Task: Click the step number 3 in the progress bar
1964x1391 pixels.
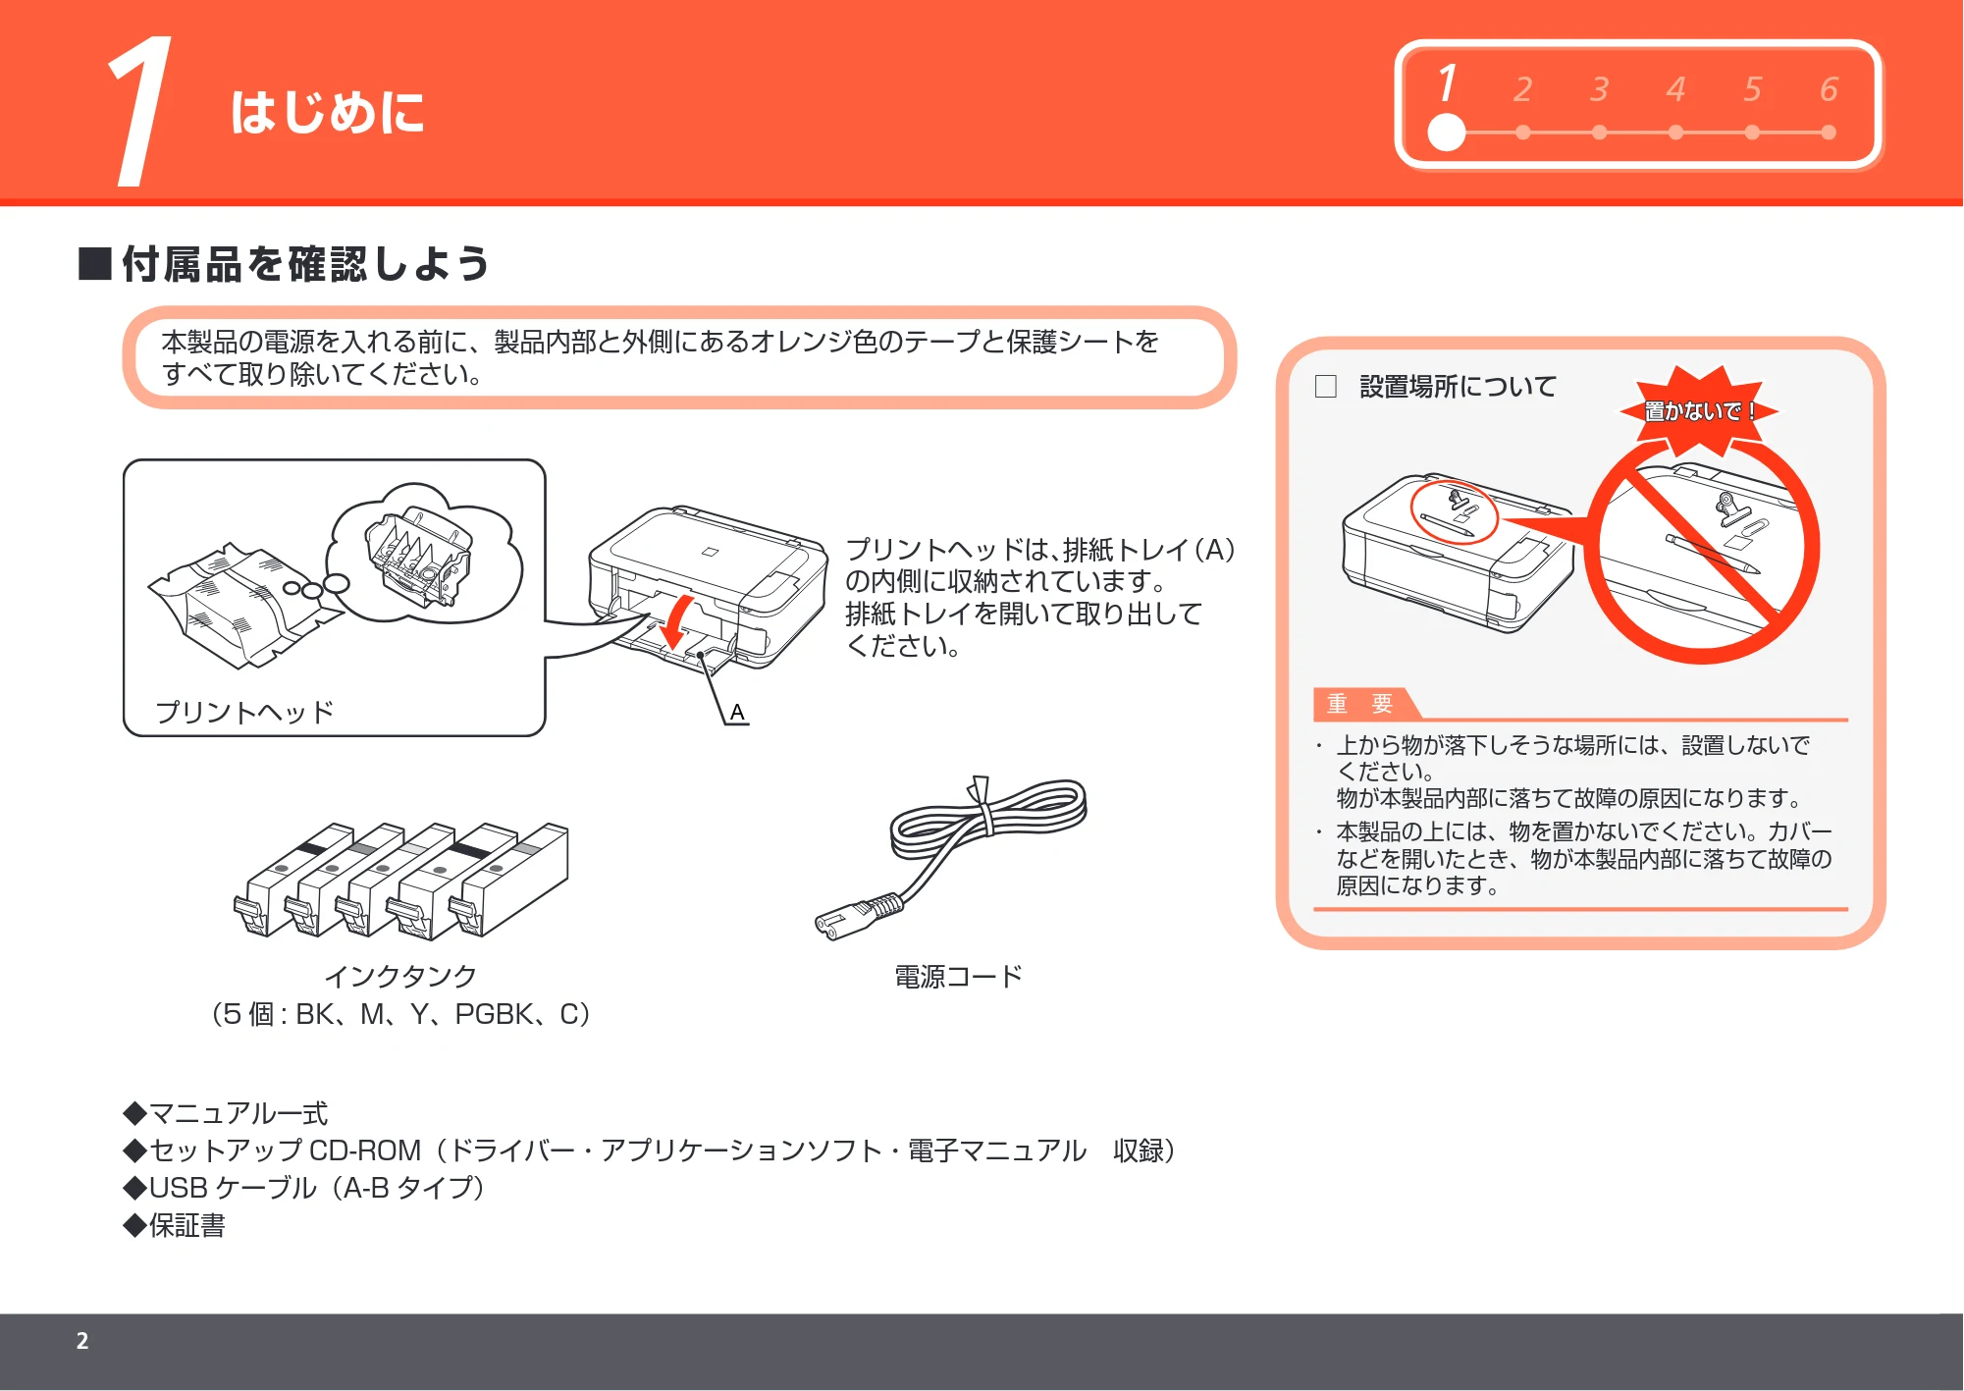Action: pyautogui.click(x=1600, y=89)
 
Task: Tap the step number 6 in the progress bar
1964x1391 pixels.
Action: pyautogui.click(x=1829, y=89)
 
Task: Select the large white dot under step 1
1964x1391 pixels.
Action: pyautogui.click(x=1446, y=133)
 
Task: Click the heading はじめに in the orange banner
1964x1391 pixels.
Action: pyautogui.click(x=328, y=111)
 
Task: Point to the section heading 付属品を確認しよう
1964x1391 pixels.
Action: pyautogui.click(x=305, y=264)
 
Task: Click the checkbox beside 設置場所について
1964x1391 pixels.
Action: pyautogui.click(x=1326, y=387)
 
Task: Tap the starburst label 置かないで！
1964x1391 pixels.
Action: pyautogui.click(x=1699, y=410)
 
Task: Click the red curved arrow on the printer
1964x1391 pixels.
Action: pyautogui.click(x=675, y=623)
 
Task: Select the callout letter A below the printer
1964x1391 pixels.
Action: pyautogui.click(x=737, y=713)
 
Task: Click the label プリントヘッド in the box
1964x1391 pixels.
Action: pyautogui.click(x=244, y=712)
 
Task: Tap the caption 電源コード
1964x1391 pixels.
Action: pyautogui.click(x=959, y=977)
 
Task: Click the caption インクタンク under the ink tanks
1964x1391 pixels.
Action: pyautogui.click(x=400, y=976)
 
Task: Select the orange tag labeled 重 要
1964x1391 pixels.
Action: pyautogui.click(x=1360, y=704)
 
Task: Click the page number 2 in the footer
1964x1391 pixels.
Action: pyautogui.click(x=82, y=1341)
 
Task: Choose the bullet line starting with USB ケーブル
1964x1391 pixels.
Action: pyautogui.click(x=304, y=1188)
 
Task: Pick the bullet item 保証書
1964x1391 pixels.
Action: pyautogui.click(x=175, y=1225)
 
